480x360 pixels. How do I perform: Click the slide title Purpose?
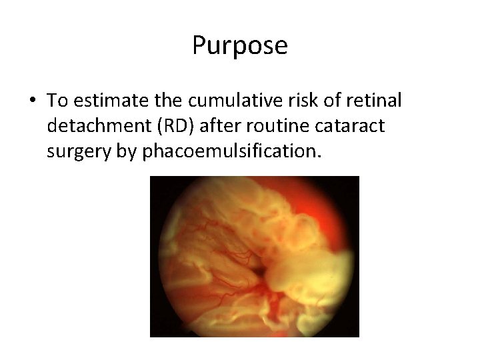point(240,46)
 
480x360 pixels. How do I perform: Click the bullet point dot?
point(33,101)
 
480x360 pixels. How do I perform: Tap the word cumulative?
point(223,101)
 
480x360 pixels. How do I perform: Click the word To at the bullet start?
point(57,101)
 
